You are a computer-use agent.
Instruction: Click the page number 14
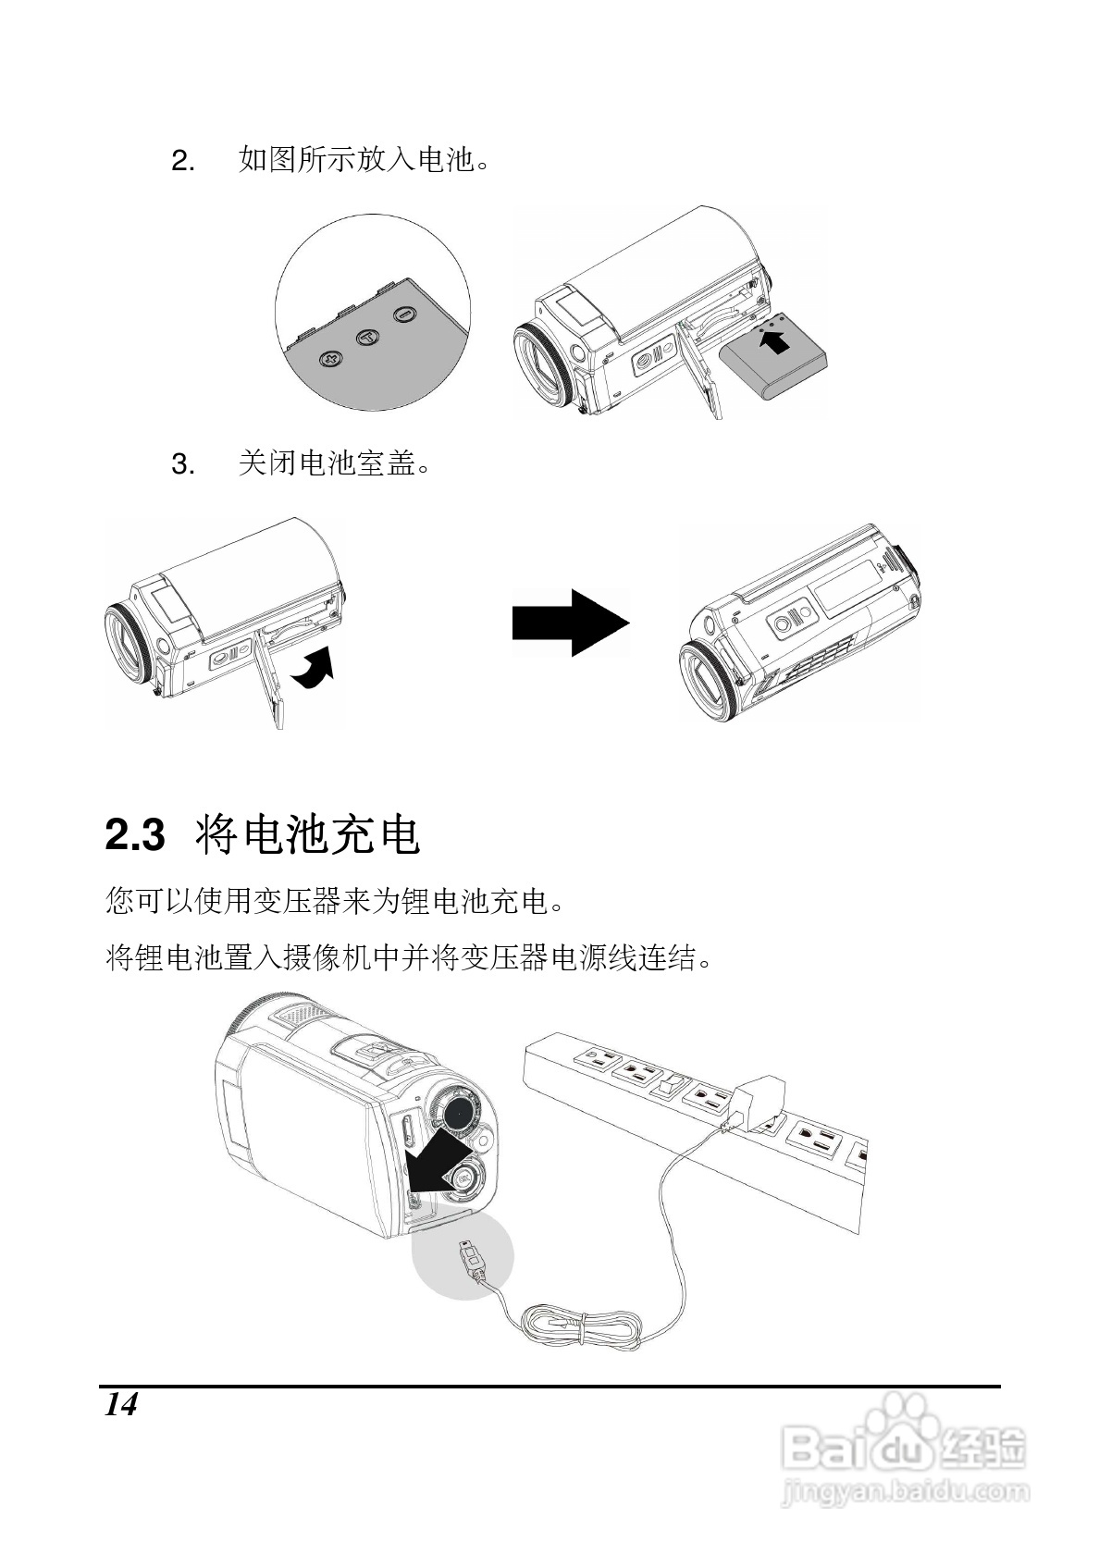[x=120, y=1405]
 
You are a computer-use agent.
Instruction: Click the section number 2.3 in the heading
[x=135, y=835]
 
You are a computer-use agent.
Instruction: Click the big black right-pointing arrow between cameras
[x=570, y=623]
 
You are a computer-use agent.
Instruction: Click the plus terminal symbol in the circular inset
[x=329, y=359]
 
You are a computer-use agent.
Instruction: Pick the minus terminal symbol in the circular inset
[x=403, y=316]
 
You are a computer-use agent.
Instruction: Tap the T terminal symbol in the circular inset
[x=368, y=338]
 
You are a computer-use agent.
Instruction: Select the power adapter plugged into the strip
[x=758, y=1101]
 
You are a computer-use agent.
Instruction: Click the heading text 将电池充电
[x=309, y=835]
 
